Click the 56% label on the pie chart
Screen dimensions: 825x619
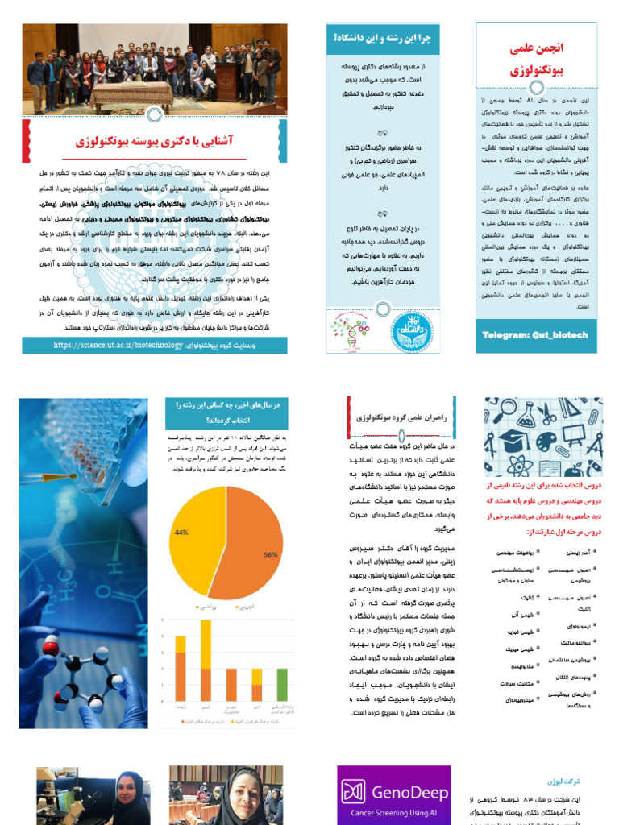click(270, 555)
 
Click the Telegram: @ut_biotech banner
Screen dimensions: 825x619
click(535, 334)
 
